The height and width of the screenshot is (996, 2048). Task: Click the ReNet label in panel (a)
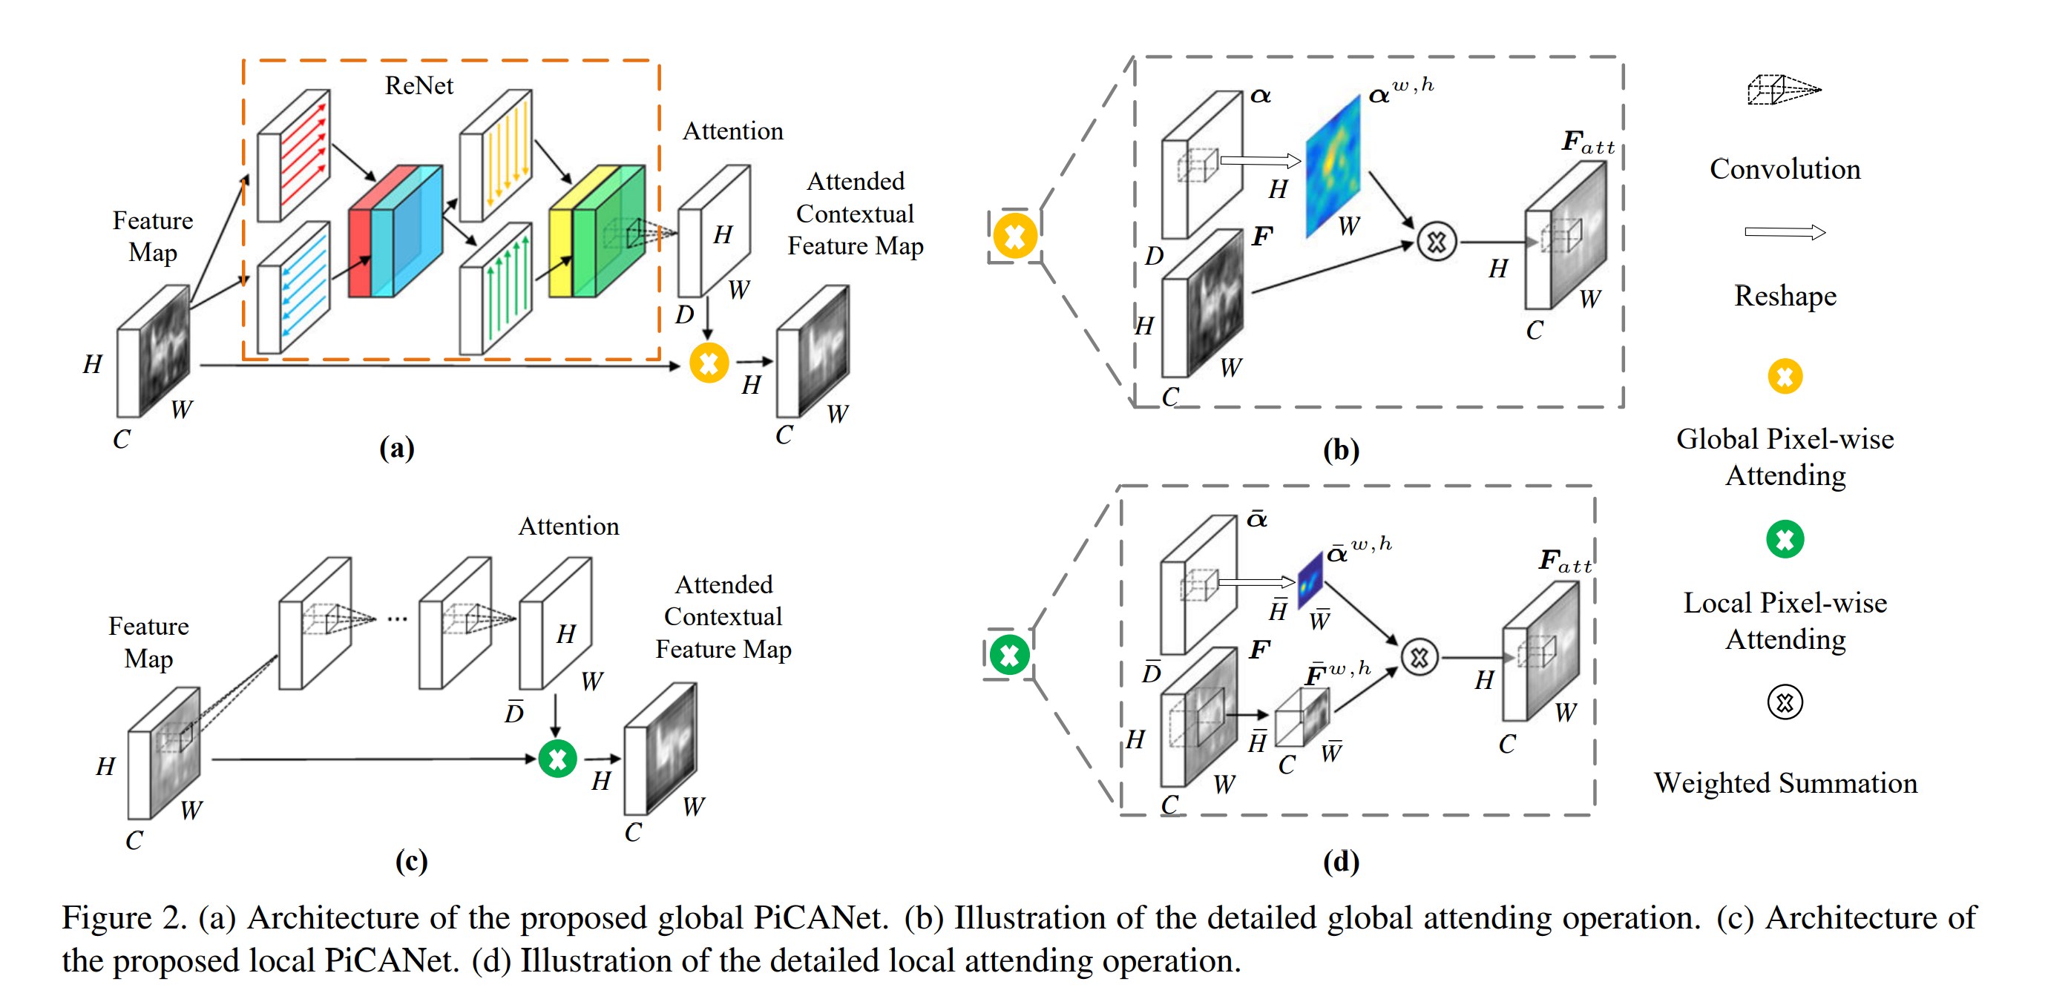coord(419,85)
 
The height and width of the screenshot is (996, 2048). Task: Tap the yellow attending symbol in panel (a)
coord(709,363)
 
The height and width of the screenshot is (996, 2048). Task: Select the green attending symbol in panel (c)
coord(557,759)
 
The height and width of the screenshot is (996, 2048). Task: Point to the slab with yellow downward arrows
coord(496,155)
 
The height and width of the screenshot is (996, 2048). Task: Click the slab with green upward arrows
coord(496,288)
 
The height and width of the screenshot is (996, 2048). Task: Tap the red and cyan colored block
coord(395,231)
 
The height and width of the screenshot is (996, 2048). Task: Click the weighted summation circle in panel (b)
coord(1436,242)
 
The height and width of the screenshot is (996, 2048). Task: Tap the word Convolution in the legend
coord(1785,168)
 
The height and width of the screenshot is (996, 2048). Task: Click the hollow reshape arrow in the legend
coord(1785,232)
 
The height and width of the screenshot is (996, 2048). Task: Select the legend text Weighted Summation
coord(1785,783)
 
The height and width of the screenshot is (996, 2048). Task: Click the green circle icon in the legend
coord(1785,540)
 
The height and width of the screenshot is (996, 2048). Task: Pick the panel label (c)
coord(411,861)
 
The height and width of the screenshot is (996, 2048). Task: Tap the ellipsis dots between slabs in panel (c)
coord(398,619)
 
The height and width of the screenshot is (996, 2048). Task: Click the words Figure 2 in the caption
coord(124,918)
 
